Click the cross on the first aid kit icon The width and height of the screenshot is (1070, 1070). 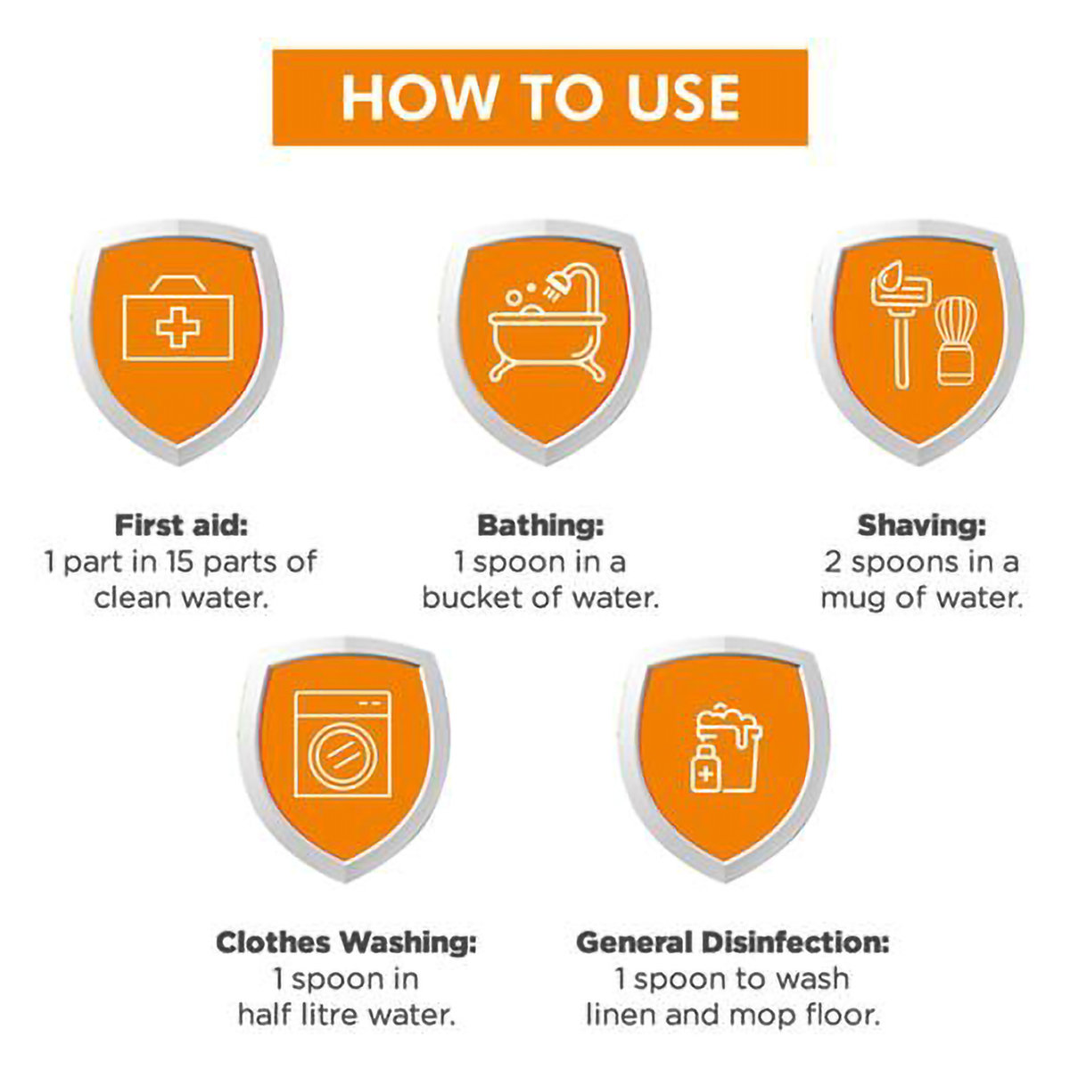[x=177, y=327]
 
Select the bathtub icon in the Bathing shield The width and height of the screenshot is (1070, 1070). [x=547, y=345]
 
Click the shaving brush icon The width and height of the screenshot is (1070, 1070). [x=955, y=341]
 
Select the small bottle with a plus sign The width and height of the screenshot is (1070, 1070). [x=704, y=768]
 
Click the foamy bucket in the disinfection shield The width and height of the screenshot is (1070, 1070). [x=732, y=747]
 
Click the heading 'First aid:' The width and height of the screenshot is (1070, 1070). [x=181, y=525]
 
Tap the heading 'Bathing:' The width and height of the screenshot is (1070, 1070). [x=540, y=525]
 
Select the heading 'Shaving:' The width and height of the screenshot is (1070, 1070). [x=921, y=525]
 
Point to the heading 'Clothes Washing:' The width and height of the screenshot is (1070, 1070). [x=346, y=942]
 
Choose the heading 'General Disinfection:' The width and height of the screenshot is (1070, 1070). [x=733, y=942]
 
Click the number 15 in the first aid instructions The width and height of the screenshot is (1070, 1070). [x=180, y=562]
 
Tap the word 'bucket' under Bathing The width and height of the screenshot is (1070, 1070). [x=472, y=598]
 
